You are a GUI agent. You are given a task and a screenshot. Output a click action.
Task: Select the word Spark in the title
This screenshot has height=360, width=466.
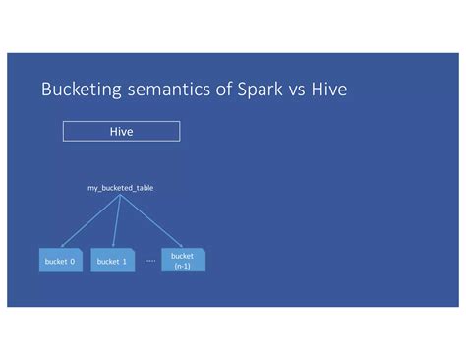coord(265,90)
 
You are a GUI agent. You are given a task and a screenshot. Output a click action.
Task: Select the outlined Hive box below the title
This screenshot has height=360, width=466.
coord(121,131)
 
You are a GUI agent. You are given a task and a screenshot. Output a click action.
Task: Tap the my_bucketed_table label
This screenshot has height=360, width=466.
coord(120,186)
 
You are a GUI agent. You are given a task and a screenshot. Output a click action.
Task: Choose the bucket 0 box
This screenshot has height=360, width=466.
coord(61,261)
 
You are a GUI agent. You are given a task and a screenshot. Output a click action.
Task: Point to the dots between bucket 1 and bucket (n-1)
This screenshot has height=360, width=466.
coord(149,261)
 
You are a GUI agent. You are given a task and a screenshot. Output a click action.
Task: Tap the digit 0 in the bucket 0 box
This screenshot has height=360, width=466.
coord(73,261)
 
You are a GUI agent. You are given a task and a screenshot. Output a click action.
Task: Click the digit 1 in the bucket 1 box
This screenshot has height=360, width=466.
coord(124,261)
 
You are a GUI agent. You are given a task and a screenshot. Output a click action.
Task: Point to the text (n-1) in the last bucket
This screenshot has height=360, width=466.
coord(183,265)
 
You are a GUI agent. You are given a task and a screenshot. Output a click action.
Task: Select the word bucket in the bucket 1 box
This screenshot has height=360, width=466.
coord(107,261)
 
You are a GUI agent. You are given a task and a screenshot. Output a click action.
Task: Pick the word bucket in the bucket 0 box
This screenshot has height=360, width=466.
coord(56,261)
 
